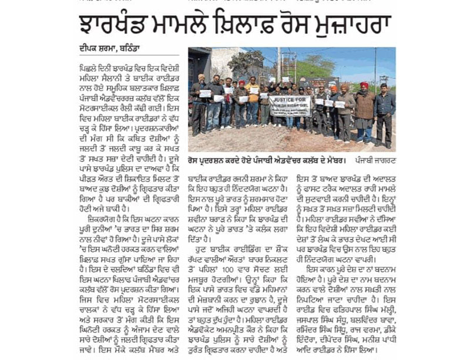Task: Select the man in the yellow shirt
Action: click(x=253, y=103)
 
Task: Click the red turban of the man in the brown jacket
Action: click(x=364, y=86)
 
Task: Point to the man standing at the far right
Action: click(x=385, y=115)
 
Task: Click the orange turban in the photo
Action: click(x=241, y=83)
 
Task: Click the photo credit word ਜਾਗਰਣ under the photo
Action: click(x=382, y=160)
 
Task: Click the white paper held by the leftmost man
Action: click(x=206, y=93)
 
